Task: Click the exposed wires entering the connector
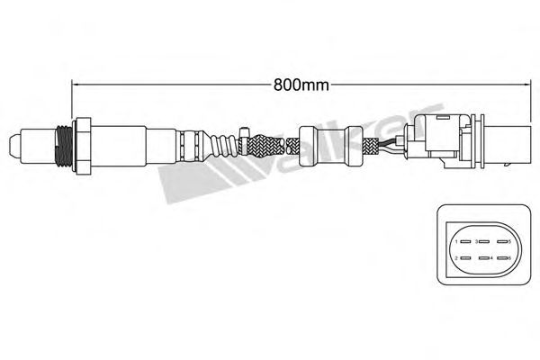click(391, 144)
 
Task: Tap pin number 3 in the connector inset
click(485, 241)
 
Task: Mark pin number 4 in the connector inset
click(485, 259)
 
